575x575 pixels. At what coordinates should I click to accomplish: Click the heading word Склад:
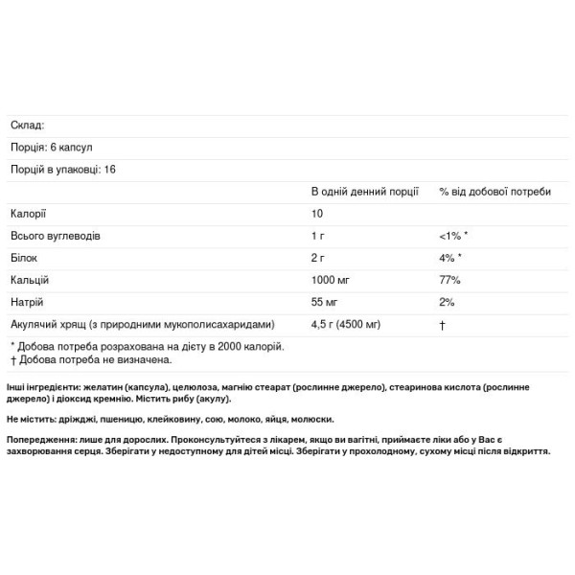tap(27, 125)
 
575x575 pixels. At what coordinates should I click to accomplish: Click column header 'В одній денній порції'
tap(364, 191)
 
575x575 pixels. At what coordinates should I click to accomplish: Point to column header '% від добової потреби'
tap(494, 191)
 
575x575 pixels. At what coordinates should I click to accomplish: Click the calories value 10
tap(317, 213)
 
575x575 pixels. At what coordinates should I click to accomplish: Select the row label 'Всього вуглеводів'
tap(55, 235)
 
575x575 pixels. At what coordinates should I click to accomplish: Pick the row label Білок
tap(25, 257)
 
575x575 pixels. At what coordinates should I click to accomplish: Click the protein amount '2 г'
tap(319, 257)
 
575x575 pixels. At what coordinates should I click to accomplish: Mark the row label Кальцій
tap(30, 279)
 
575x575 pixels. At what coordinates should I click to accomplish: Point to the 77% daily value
tap(449, 279)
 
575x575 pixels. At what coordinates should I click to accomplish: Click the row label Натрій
tap(28, 301)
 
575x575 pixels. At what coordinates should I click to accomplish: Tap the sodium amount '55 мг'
tap(326, 301)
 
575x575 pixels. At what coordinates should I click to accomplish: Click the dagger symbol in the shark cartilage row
tap(442, 323)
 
